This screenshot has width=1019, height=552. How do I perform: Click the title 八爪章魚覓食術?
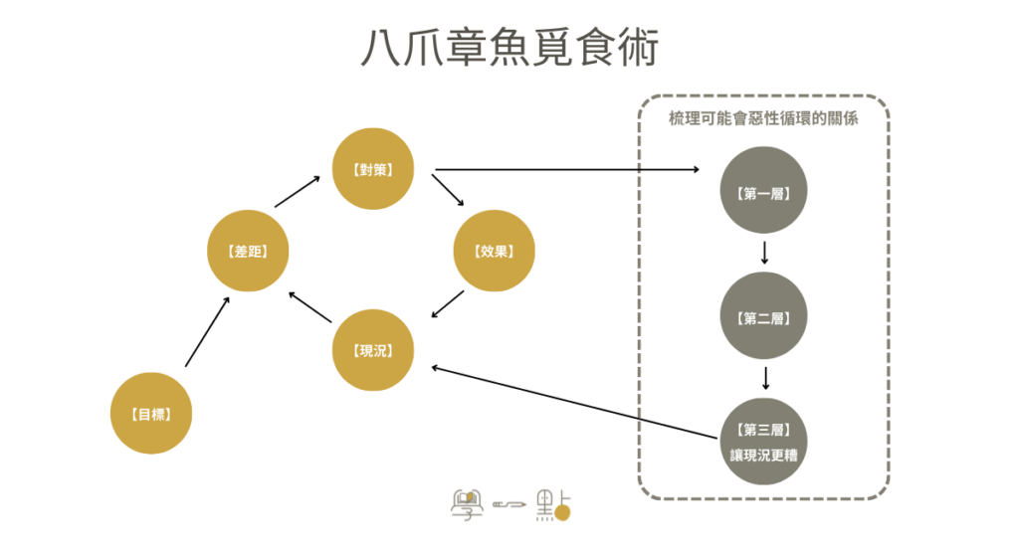pyautogui.click(x=509, y=48)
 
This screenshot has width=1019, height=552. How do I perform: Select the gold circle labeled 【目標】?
pyautogui.click(x=149, y=413)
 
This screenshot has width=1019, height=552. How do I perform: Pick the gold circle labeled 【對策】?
pyautogui.click(x=372, y=169)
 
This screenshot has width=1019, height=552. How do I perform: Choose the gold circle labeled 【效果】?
pyautogui.click(x=495, y=252)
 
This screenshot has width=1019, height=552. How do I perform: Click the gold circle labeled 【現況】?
pyautogui.click(x=372, y=350)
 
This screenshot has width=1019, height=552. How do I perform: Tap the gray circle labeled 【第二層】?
pyautogui.click(x=764, y=318)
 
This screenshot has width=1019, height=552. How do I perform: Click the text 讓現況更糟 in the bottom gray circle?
pyautogui.click(x=764, y=456)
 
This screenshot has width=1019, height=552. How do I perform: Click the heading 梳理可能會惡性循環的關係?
pyautogui.click(x=763, y=118)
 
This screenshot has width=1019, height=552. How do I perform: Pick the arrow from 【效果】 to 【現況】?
pyautogui.click(x=448, y=305)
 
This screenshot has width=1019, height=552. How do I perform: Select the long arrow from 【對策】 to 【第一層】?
pyautogui.click(x=567, y=169)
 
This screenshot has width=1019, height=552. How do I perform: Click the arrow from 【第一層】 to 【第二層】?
pyautogui.click(x=764, y=252)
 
